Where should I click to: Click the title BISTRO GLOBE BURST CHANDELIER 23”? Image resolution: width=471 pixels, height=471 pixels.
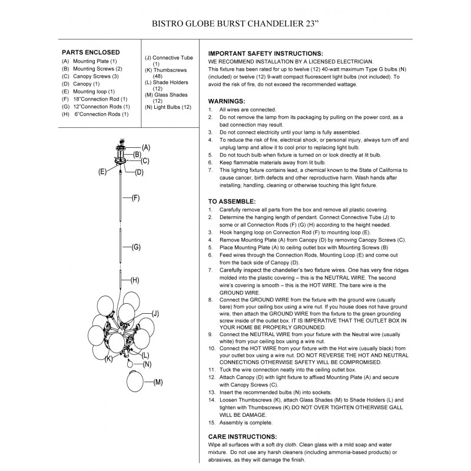click(x=235, y=25)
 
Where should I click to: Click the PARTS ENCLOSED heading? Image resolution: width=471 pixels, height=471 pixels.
click(x=91, y=52)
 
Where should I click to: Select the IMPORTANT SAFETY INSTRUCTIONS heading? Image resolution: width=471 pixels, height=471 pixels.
click(x=266, y=53)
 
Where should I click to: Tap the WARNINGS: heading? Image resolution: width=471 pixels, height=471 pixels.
click(x=227, y=101)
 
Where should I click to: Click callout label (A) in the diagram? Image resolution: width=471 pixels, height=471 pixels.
click(x=146, y=147)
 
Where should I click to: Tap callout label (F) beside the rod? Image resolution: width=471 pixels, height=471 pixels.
click(x=135, y=198)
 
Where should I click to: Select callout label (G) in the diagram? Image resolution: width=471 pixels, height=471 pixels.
click(x=135, y=247)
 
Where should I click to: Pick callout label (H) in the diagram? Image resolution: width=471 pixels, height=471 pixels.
click(x=134, y=280)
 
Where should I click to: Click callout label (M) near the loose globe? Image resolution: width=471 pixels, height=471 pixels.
click(x=157, y=383)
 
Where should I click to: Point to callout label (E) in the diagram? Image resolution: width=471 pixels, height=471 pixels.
click(x=102, y=171)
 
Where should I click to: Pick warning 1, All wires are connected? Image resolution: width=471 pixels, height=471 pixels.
click(x=247, y=110)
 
